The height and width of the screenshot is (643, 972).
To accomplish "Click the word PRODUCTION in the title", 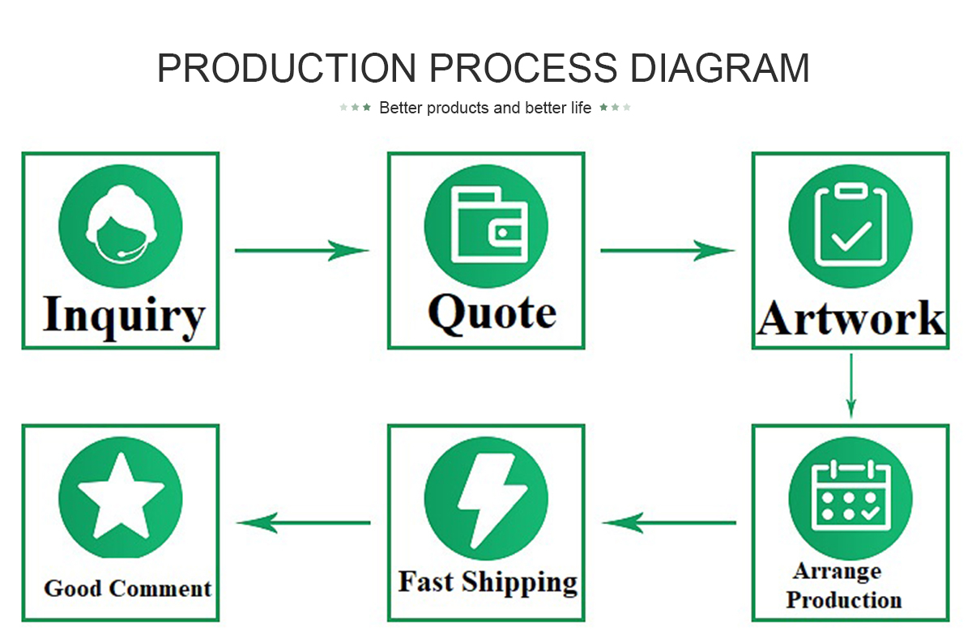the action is point(287,68).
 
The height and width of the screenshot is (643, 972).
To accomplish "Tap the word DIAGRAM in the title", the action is point(719,68).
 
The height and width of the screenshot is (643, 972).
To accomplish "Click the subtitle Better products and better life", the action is point(485,108).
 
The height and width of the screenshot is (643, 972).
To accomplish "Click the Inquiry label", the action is point(124,317).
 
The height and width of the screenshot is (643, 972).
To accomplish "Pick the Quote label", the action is point(492,313).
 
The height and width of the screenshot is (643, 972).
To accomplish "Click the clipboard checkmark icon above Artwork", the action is point(850,226).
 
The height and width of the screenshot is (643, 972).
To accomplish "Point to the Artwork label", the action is point(850,318).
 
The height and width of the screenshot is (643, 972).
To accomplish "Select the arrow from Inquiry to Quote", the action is point(302,250).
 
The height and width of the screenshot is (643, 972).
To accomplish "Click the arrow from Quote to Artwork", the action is point(667,250).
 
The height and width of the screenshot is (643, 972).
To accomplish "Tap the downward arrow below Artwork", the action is point(851,386).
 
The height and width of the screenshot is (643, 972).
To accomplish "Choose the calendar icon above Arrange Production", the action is point(850,498).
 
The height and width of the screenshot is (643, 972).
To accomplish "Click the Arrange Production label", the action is point(844,586).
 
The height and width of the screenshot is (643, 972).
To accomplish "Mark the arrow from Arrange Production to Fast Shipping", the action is point(669,522).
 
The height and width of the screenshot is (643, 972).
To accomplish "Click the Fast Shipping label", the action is point(488,582).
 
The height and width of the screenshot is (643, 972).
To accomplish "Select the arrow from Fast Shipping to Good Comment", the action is point(303,522).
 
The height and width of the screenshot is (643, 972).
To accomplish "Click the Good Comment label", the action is point(128,588).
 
